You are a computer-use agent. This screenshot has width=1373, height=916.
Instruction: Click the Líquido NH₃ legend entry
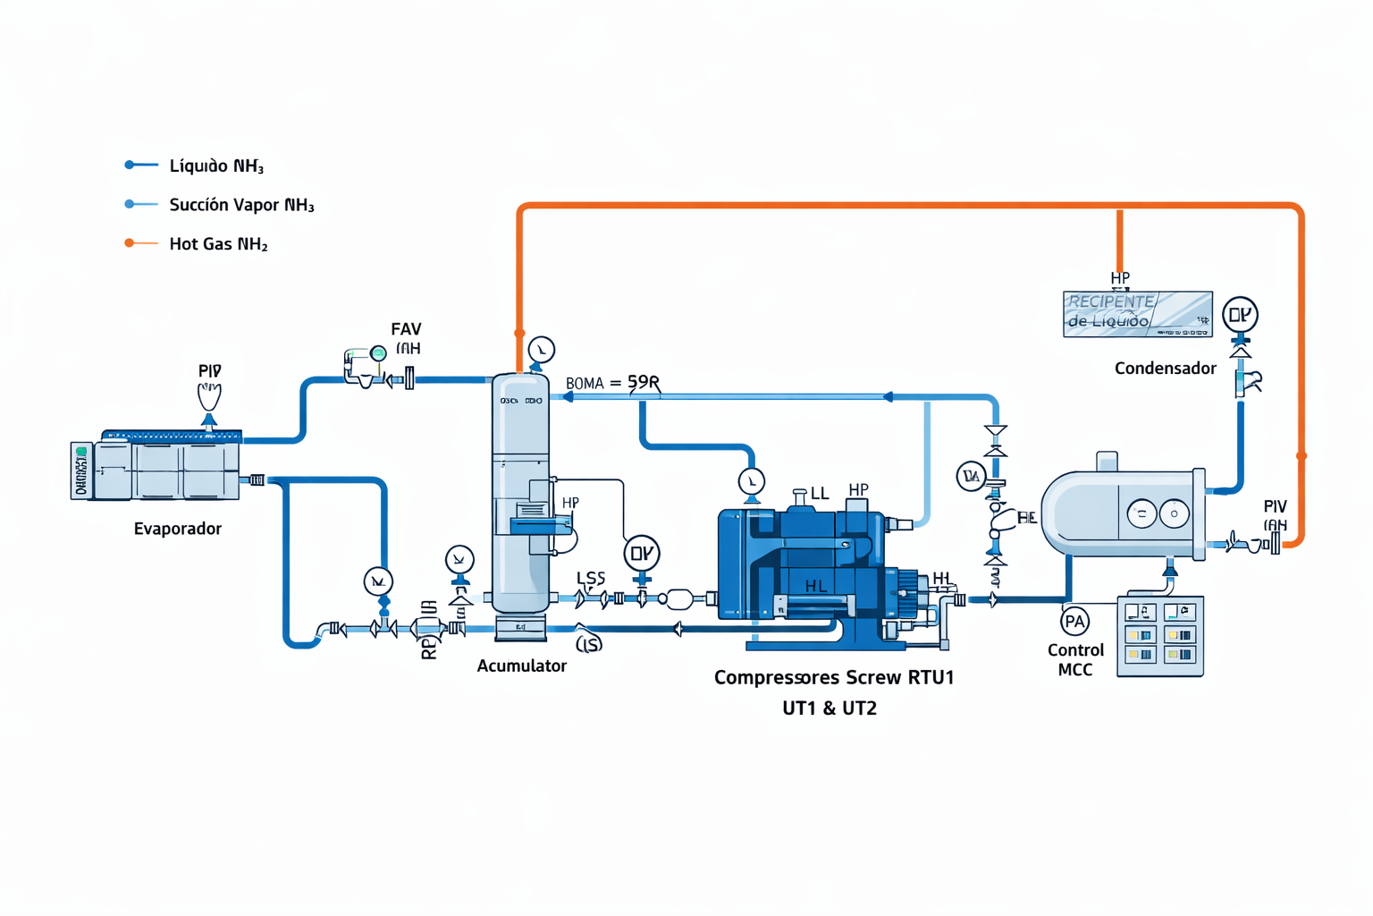click(215, 166)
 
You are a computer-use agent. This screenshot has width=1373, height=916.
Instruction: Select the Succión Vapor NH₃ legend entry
click(241, 206)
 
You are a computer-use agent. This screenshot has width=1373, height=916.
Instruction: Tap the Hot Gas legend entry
click(218, 244)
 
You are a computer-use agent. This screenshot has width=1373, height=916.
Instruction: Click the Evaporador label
click(177, 529)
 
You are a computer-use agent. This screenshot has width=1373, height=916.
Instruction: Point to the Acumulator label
click(521, 666)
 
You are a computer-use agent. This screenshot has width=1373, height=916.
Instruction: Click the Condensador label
click(1165, 369)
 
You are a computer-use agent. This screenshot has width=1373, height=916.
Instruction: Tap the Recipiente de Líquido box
click(1137, 314)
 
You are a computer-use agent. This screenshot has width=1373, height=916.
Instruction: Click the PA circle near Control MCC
click(1074, 621)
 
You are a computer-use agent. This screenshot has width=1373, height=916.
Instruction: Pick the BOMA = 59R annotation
click(612, 383)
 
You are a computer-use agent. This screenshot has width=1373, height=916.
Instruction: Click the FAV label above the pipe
click(406, 329)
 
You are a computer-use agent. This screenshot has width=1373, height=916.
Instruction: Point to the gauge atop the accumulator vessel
click(541, 349)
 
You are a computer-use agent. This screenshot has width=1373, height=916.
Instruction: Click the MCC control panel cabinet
click(1160, 636)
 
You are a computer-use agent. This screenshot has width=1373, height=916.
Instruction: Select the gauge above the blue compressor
click(752, 481)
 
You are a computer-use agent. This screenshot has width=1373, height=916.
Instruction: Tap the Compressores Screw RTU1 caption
click(833, 678)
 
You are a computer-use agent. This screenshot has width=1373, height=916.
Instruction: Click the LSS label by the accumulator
click(591, 579)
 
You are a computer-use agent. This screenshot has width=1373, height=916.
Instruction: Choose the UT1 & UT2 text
click(829, 708)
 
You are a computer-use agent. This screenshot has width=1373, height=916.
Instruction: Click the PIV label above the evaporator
click(209, 370)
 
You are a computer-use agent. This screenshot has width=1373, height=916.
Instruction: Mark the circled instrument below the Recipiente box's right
click(1240, 315)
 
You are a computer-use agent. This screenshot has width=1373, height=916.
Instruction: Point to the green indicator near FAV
click(378, 353)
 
